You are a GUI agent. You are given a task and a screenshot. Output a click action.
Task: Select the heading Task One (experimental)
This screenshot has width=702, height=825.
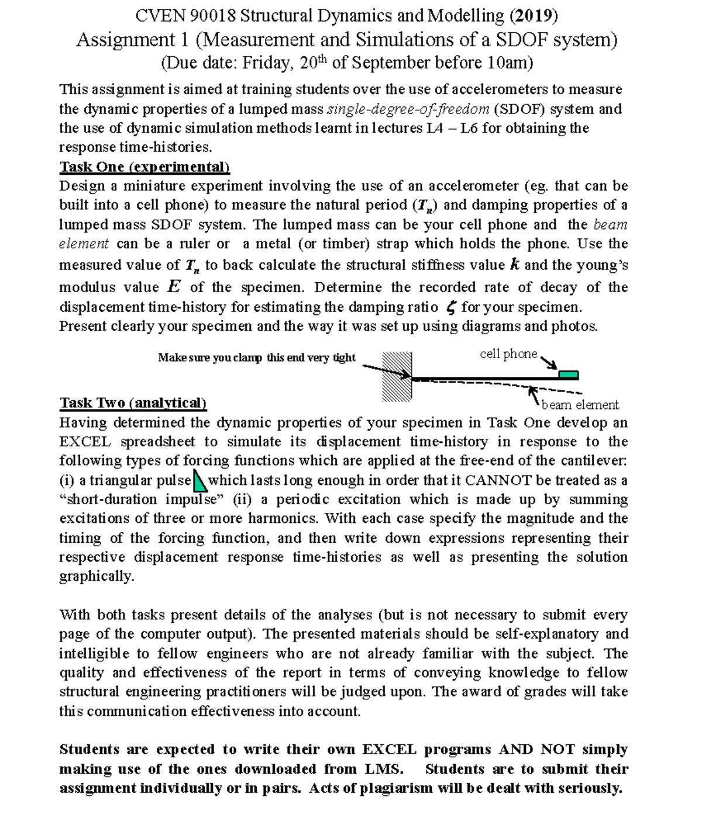pos(144,167)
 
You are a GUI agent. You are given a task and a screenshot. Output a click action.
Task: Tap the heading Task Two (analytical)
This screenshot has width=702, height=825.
pos(133,403)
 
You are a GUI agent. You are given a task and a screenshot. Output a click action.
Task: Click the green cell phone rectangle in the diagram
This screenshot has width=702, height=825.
pos(569,375)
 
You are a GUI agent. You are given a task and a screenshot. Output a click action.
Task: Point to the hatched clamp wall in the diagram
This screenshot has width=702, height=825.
pos(397,377)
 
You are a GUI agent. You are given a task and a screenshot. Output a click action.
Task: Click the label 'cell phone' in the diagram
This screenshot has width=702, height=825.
pos(508,354)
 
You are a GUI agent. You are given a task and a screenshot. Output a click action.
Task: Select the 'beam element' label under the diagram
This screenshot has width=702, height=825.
pos(580,405)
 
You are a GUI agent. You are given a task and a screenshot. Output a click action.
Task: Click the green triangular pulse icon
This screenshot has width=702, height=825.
pos(199,480)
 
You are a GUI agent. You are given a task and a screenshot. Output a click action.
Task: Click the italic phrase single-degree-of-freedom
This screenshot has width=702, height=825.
pos(409,109)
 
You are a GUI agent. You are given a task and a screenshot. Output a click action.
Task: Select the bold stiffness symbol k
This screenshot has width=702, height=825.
pos(514,265)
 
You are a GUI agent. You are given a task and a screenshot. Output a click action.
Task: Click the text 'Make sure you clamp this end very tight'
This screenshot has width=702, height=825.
pos(257,358)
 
